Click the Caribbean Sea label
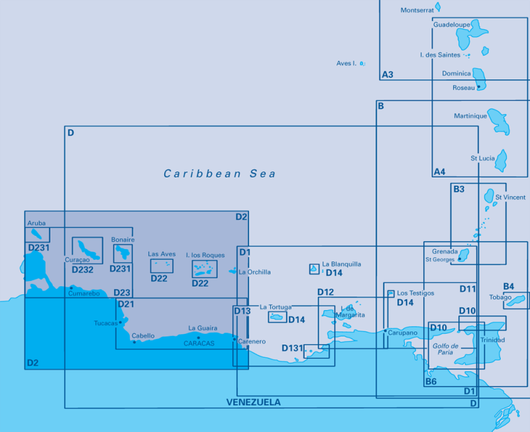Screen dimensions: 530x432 pyautogui.click(x=220, y=174)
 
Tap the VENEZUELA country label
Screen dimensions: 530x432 pyautogui.click(x=254, y=402)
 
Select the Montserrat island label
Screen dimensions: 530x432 pyautogui.click(x=417, y=10)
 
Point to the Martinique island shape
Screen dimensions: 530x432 pyautogui.click(x=499, y=122)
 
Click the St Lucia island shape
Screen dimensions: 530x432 pyautogui.click(x=502, y=161)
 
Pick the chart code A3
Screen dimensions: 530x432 pyautogui.click(x=388, y=74)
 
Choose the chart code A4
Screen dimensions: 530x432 pyautogui.click(x=439, y=172)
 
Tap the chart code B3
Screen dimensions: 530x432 pyautogui.click(x=458, y=189)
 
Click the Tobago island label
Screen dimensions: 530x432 pyautogui.click(x=500, y=297)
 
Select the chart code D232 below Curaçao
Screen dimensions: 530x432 pyautogui.click(x=82, y=270)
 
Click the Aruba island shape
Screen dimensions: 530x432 pyautogui.click(x=36, y=234)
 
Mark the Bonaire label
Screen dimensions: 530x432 pyautogui.click(x=123, y=240)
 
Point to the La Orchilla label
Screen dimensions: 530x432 pyautogui.click(x=254, y=272)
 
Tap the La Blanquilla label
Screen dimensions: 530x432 pyautogui.click(x=341, y=264)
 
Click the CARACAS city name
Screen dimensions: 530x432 pyautogui.click(x=199, y=343)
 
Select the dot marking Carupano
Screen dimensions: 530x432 pyautogui.click(x=386, y=331)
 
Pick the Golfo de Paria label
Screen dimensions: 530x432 pyautogui.click(x=445, y=349)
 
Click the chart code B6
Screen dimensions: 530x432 pyautogui.click(x=431, y=382)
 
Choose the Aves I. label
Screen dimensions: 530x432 pyautogui.click(x=346, y=63)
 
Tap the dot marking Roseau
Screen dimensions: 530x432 pyautogui.click(x=478, y=87)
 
